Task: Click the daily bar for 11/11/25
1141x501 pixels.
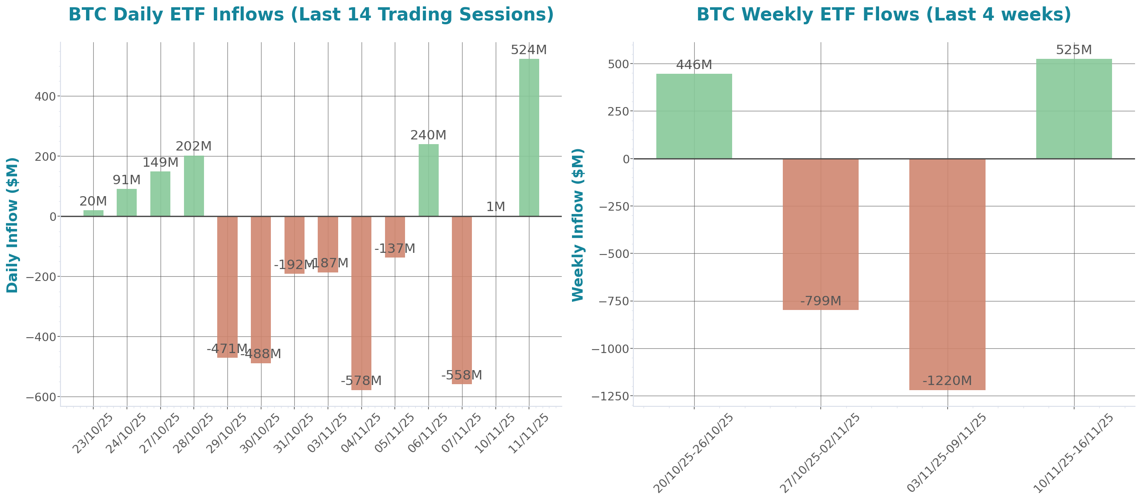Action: click(529, 137)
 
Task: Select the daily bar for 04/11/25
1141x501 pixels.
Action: click(361, 303)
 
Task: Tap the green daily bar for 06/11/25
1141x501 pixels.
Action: click(428, 180)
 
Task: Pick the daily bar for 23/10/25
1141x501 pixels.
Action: click(93, 213)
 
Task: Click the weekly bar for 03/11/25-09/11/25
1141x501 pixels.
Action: click(948, 275)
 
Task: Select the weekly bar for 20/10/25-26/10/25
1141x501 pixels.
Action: click(694, 116)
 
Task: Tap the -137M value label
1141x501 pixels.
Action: click(395, 249)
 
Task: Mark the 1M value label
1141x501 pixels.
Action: click(495, 207)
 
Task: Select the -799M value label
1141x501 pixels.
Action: click(821, 301)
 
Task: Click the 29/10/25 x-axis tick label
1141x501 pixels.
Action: click(227, 433)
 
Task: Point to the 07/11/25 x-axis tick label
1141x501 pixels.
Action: click(461, 433)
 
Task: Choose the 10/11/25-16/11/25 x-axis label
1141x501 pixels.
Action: click(1074, 453)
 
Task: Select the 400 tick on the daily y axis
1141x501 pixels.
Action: click(45, 96)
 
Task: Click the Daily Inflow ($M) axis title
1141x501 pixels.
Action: click(12, 225)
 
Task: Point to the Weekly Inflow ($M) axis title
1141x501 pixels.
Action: click(578, 225)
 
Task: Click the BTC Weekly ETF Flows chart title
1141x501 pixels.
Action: click(884, 14)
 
